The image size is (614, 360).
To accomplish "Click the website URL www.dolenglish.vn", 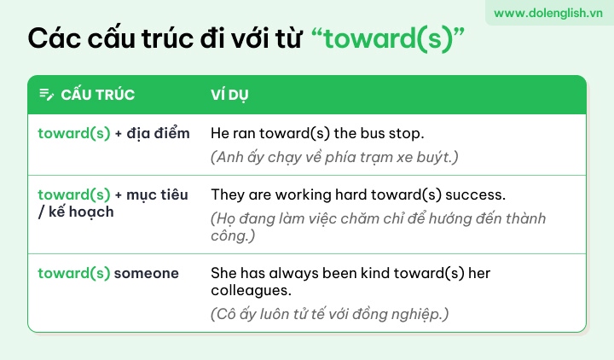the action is coord(547,13).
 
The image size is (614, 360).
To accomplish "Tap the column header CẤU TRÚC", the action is coord(97,95).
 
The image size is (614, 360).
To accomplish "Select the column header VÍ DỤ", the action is coord(229,95).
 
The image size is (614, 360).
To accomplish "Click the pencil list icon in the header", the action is coord(46,95).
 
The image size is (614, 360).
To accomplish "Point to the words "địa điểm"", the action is coord(158,133).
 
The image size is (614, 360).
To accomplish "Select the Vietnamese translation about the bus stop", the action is coord(334,157).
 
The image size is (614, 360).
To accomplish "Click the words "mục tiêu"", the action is coord(157,195).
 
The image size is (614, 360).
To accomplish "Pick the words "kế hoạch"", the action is coord(81,212).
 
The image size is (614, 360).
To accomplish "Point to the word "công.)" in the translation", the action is coord(233,235).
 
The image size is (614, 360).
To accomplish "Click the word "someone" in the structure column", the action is coord(146,273).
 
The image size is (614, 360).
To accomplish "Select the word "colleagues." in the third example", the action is coord(251,290).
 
